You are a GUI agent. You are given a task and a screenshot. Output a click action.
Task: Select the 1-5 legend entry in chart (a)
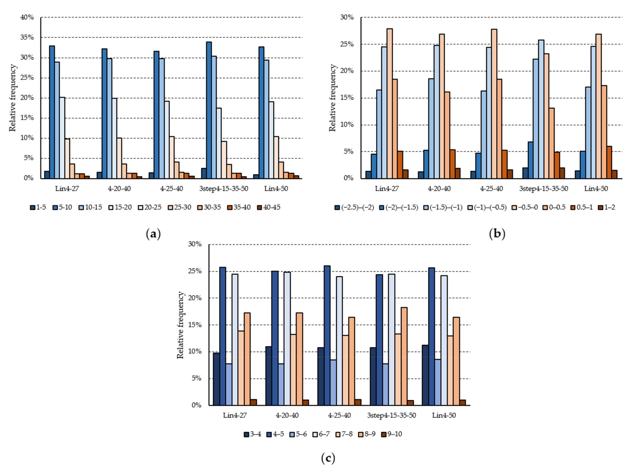(x=38, y=207)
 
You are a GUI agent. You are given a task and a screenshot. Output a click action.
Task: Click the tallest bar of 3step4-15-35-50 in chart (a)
(x=209, y=110)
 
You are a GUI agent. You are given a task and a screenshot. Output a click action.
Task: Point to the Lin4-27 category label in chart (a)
(x=67, y=189)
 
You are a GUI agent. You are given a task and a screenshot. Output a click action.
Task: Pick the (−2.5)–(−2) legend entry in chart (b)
(x=354, y=207)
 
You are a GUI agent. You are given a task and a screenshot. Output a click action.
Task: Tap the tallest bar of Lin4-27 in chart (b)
(x=390, y=103)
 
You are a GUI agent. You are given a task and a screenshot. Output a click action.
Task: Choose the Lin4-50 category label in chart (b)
(x=596, y=189)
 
